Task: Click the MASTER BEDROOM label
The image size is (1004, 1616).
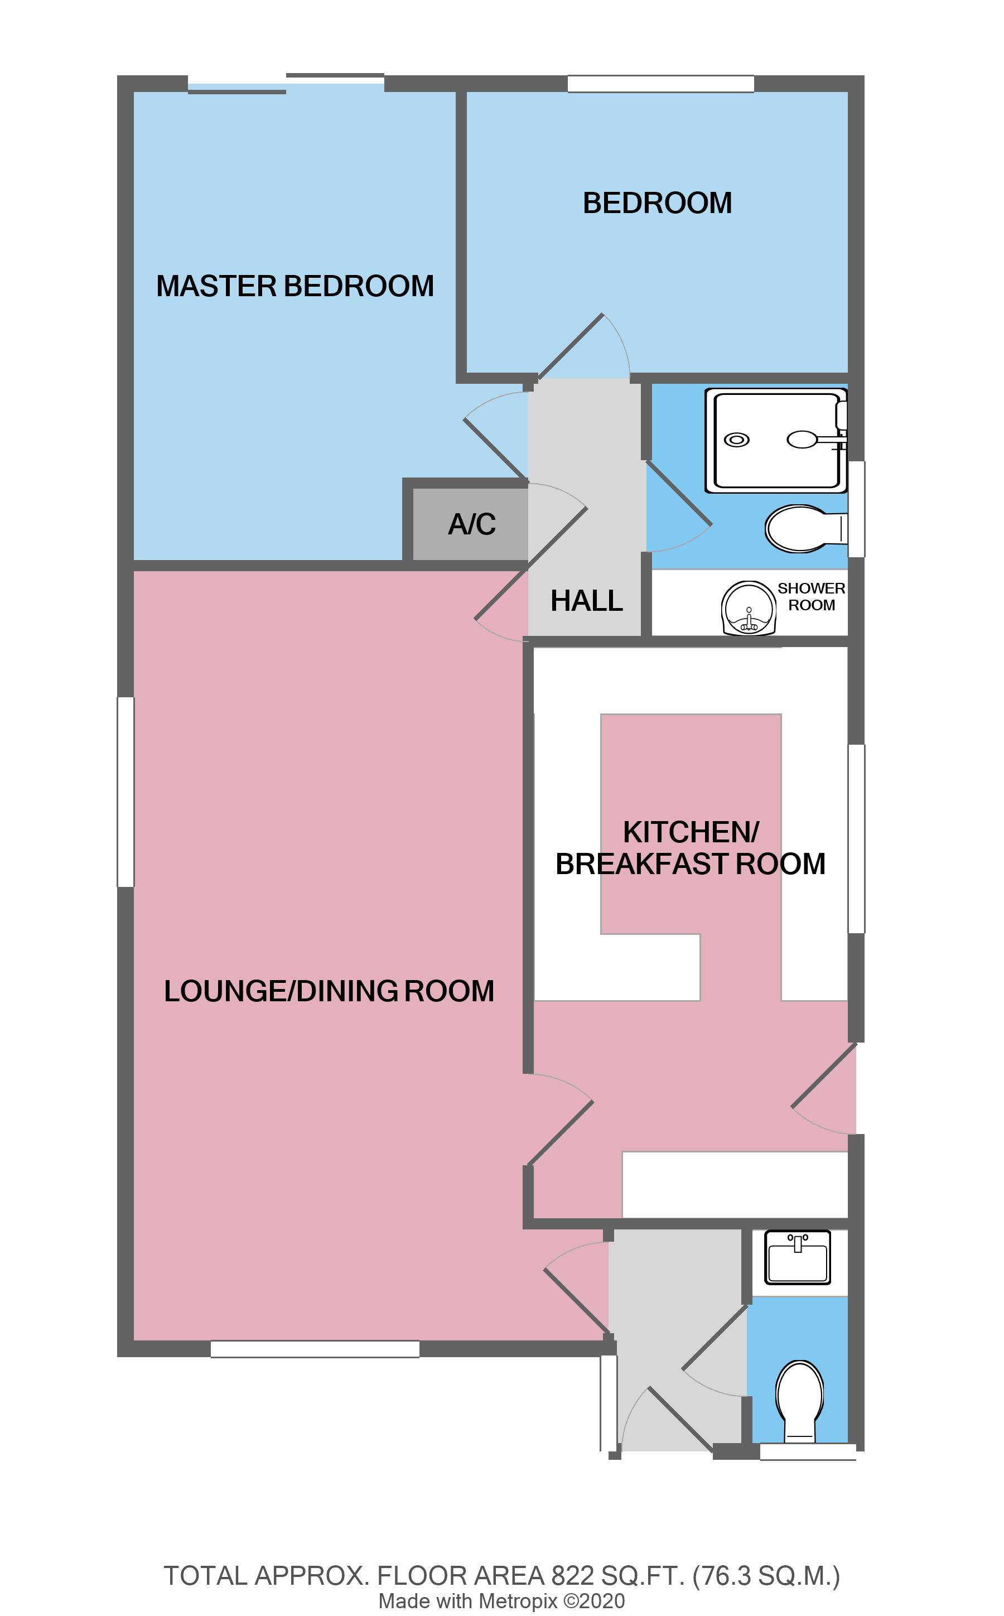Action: point(295,286)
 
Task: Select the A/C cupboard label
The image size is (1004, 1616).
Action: point(471,524)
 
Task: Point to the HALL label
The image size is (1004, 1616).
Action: point(586,601)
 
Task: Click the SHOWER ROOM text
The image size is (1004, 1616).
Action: point(811,597)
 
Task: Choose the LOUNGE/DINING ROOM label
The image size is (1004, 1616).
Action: point(329,991)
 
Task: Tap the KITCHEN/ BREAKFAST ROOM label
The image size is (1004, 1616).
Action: point(691,848)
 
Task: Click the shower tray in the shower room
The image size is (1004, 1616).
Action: point(775,441)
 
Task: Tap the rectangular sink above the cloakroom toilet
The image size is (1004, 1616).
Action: point(797,1257)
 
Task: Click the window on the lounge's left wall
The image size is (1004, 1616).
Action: point(126,792)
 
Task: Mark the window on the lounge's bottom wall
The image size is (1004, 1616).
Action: point(315,1349)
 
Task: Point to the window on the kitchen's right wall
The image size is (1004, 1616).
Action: point(856,839)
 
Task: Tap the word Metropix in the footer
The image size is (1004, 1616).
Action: point(518,1601)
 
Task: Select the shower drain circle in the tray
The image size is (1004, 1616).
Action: point(736,440)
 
